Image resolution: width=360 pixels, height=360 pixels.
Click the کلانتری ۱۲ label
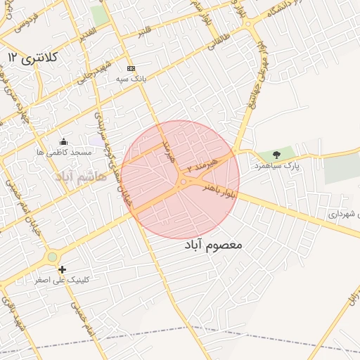[x=34, y=56]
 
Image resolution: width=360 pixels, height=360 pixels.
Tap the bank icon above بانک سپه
[x=131, y=68]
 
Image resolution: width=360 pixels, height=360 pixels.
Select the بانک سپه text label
[x=132, y=79]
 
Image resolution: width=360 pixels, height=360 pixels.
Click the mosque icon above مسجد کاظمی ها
[x=64, y=141]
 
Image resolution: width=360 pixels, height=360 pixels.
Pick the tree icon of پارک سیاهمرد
[x=276, y=154]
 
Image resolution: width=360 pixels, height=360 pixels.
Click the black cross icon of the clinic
[x=63, y=269]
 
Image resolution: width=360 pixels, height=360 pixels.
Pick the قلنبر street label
[x=144, y=32]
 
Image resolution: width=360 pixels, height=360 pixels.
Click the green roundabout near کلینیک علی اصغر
[x=52, y=258]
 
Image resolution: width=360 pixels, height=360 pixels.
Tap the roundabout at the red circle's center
[x=183, y=182]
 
